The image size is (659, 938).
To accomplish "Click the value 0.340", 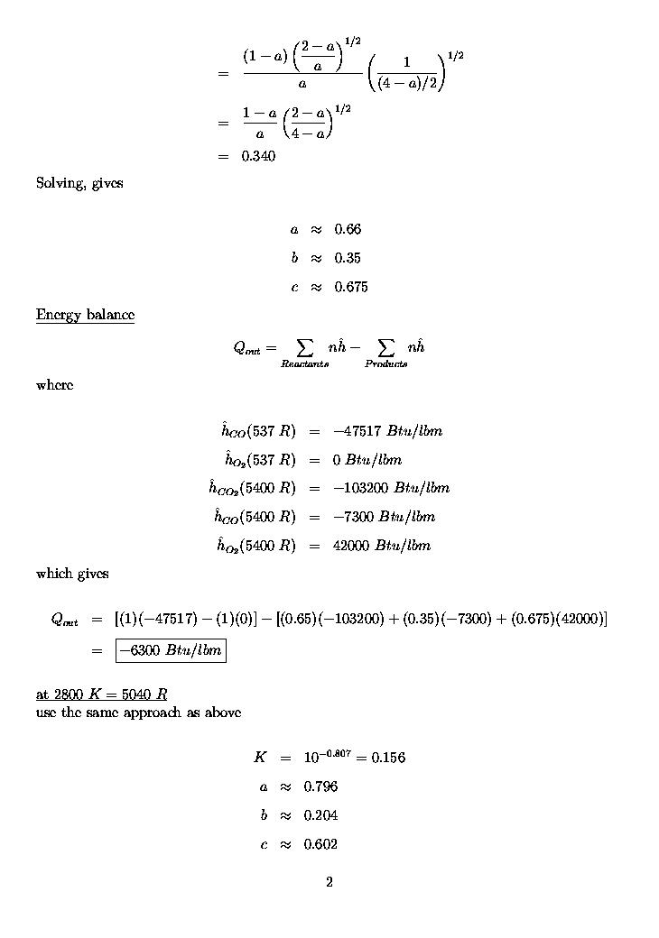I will pyautogui.click(x=258, y=156).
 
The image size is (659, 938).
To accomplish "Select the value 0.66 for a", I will pyautogui.click(x=348, y=229).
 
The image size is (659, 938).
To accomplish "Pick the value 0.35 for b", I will pyautogui.click(x=348, y=258).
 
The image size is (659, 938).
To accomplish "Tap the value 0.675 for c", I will pyautogui.click(x=351, y=287).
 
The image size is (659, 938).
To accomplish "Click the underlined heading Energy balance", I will pyautogui.click(x=85, y=315).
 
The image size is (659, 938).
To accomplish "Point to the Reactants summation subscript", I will pyautogui.click(x=304, y=363).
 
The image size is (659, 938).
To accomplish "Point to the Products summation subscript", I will pyautogui.click(x=385, y=363).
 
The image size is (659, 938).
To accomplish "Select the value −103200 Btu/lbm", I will pyautogui.click(x=391, y=488).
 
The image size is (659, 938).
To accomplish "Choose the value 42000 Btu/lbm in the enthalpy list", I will pyautogui.click(x=381, y=546).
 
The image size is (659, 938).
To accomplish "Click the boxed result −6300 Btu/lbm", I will pyautogui.click(x=171, y=650).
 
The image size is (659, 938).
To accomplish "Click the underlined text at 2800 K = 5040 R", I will pyautogui.click(x=101, y=694).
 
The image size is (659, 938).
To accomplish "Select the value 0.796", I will pyautogui.click(x=320, y=786).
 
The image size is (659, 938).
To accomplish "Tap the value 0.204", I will pyautogui.click(x=320, y=815).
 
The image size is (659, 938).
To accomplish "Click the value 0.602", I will pyautogui.click(x=320, y=844).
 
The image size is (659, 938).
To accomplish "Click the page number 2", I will pyautogui.click(x=329, y=882).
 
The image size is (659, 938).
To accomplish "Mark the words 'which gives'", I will pyautogui.click(x=72, y=574).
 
